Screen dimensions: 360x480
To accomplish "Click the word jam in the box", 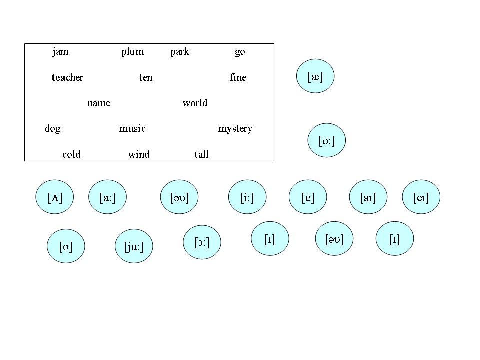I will coord(60,52).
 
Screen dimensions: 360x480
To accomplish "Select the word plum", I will coord(133,52).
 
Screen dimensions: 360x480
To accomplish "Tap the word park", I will coord(180,52).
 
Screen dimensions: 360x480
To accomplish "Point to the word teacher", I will coord(67,78).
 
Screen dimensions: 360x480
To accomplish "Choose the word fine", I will coord(238,78).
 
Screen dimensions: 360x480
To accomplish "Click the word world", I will coord(195,103).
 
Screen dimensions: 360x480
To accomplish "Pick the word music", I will coord(132,129).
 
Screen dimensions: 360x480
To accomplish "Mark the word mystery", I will coord(235,129).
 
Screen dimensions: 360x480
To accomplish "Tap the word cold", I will coord(71,155).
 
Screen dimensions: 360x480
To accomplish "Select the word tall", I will coord(201,155).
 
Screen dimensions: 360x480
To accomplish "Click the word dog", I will coord(53,129).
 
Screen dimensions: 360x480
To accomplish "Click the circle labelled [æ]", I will coord(315,76).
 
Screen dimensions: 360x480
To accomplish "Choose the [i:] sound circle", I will coord(247,197).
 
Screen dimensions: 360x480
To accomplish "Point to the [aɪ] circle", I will coord(367,197).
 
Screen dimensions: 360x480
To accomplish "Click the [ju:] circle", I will coord(134,246).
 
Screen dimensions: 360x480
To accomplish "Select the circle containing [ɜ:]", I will coord(202,243).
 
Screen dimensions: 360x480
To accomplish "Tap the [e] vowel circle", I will coord(308,197).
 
